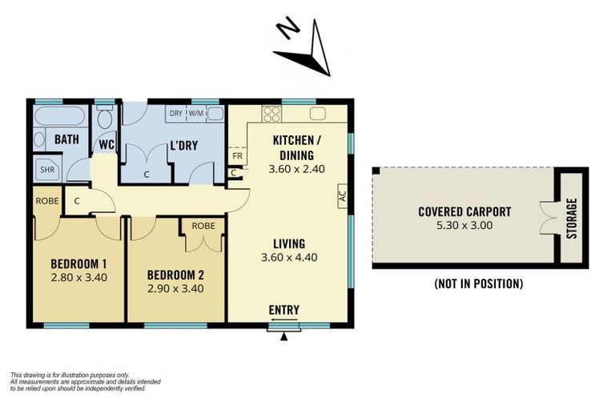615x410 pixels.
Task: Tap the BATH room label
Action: click(66, 139)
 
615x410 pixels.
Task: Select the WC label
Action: click(105, 144)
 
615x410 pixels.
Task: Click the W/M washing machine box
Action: click(196, 114)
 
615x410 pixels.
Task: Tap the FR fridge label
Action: click(237, 155)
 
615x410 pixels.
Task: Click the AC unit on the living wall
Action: click(342, 195)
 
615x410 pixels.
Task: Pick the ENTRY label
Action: click(284, 310)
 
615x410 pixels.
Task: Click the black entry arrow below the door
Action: click(283, 336)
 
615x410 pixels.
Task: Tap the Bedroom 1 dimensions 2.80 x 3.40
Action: click(79, 278)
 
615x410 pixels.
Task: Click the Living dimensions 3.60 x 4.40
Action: click(289, 257)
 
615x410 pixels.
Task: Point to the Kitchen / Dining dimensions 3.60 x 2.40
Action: click(293, 170)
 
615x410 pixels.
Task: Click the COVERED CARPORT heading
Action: click(464, 212)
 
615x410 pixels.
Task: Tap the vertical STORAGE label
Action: click(571, 218)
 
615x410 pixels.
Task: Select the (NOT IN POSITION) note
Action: click(478, 283)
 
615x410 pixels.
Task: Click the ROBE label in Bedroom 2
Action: click(203, 226)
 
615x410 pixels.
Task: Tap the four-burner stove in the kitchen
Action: click(271, 114)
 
